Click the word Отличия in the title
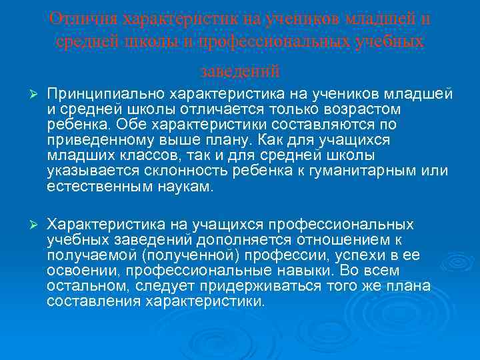[75, 19]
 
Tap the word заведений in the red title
[240, 69]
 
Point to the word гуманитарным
[369, 172]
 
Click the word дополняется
[239, 240]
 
